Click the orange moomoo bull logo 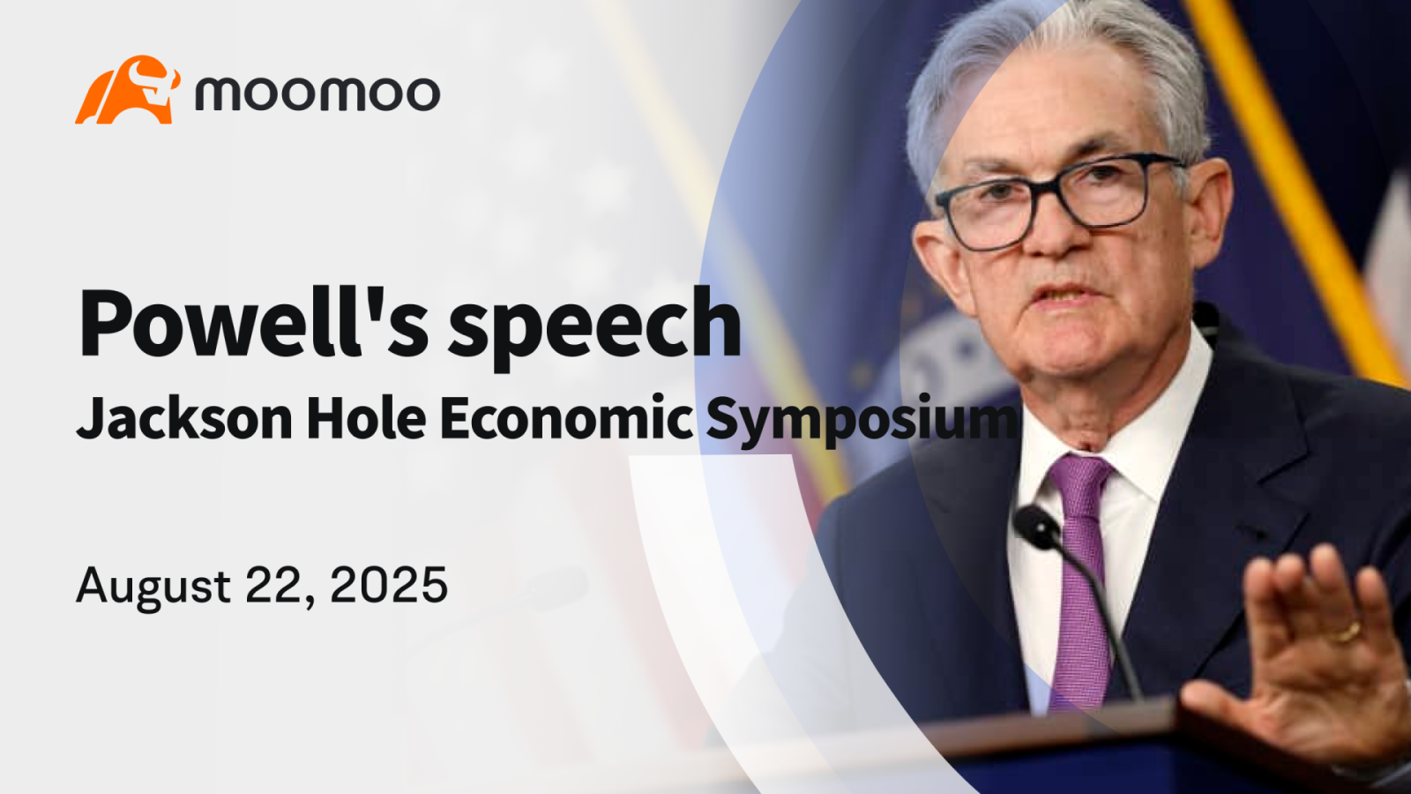[128, 89]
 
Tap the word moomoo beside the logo [317, 94]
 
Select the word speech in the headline [594, 327]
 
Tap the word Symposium [861, 420]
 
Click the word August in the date [153, 586]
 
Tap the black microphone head [1037, 527]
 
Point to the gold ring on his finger [1345, 632]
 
